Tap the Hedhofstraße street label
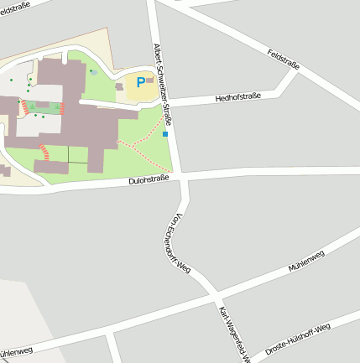click(237, 97)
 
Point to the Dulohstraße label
click(149, 179)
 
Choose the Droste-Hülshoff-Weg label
click(298, 338)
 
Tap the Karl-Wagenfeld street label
click(234, 334)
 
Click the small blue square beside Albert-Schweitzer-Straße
click(165, 134)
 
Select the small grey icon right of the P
click(149, 80)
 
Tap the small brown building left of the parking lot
click(119, 86)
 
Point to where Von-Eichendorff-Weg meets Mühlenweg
click(211, 294)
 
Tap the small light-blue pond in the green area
click(94, 72)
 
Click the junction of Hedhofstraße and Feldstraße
click(295, 72)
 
